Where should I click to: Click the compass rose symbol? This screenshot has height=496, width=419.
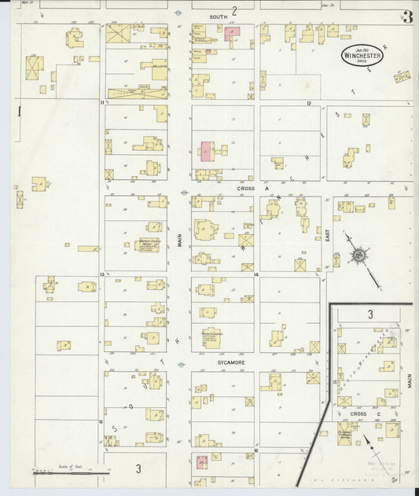(x=358, y=255)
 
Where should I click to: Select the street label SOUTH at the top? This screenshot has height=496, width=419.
(x=218, y=16)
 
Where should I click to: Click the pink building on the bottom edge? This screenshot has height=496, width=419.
(x=202, y=460)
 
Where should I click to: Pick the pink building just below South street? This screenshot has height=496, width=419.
(x=233, y=33)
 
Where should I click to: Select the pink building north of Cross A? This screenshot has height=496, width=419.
(x=206, y=151)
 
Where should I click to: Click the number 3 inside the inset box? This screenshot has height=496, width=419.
(x=369, y=314)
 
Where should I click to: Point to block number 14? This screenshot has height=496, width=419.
(x=257, y=274)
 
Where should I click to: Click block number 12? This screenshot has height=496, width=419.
(x=309, y=103)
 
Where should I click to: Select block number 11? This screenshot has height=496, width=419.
(x=102, y=103)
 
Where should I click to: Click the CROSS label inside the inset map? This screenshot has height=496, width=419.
(x=358, y=413)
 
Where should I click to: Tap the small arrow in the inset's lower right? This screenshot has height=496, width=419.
(x=367, y=443)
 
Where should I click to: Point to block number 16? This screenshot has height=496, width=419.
(x=256, y=450)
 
